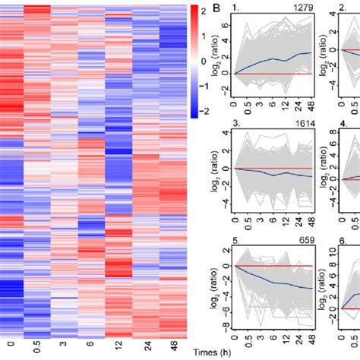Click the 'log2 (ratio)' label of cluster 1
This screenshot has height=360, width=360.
coord(215,52)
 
